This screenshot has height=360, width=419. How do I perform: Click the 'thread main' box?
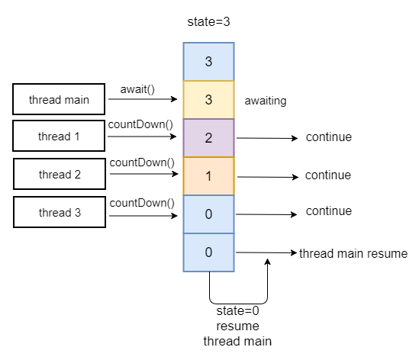tap(59, 99)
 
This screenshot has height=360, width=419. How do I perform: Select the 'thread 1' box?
tap(59, 136)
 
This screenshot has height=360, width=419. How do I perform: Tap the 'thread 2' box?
tap(60, 174)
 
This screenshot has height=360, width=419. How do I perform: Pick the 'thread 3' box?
tap(60, 212)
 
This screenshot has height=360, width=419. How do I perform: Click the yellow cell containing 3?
tap(208, 100)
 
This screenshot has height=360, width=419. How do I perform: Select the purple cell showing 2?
tap(208, 138)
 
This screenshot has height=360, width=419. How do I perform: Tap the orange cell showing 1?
tap(208, 176)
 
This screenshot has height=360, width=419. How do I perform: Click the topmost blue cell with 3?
tap(208, 62)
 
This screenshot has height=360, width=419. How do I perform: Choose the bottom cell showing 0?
tap(208, 252)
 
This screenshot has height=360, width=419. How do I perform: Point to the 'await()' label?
tap(137, 89)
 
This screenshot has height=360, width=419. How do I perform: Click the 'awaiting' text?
tap(266, 101)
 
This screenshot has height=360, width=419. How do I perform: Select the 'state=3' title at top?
tap(208, 21)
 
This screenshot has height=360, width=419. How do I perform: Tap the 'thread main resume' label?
tap(353, 253)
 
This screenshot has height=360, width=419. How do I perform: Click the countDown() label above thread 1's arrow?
tap(140, 125)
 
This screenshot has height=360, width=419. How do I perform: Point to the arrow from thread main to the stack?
tap(143, 99)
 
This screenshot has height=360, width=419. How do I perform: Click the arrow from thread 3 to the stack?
tap(143, 216)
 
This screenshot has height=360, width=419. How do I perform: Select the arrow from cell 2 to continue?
tap(267, 138)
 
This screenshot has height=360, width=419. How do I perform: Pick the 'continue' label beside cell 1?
tap(328, 175)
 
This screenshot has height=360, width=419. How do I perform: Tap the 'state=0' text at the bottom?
tap(237, 311)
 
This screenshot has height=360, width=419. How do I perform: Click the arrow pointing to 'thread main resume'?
tap(266, 252)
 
